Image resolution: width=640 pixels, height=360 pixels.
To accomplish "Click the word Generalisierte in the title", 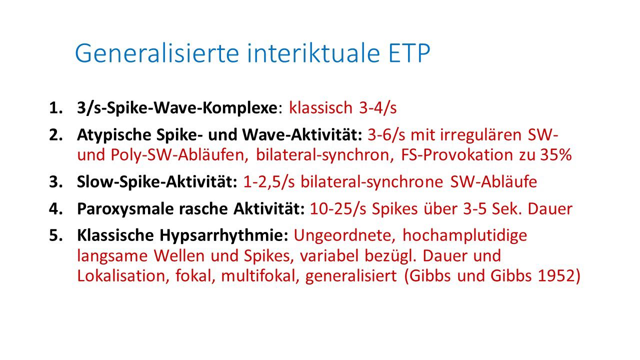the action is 157,53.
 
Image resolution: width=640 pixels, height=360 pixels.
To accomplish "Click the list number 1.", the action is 55,108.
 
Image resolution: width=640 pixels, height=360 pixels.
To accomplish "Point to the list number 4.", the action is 55,209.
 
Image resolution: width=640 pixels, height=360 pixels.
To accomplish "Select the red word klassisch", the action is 321,108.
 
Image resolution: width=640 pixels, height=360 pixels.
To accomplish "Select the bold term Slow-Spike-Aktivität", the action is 157,182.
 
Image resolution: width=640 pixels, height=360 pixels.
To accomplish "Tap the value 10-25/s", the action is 338,209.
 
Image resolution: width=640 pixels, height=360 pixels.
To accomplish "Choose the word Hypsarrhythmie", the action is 223,236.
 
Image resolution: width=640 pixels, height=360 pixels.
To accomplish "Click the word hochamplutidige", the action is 464,236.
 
